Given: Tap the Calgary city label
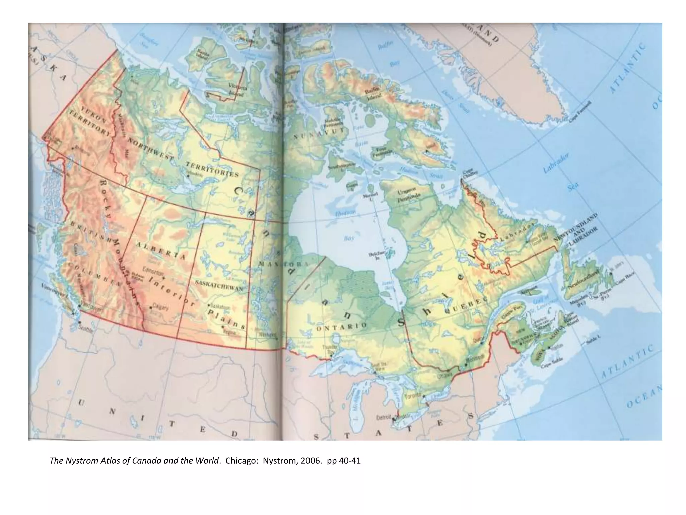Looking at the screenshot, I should (x=160, y=306).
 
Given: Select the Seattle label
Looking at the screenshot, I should (x=85, y=329).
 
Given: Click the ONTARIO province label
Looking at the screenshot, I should (x=341, y=326).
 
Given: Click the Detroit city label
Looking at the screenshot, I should (x=384, y=417).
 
